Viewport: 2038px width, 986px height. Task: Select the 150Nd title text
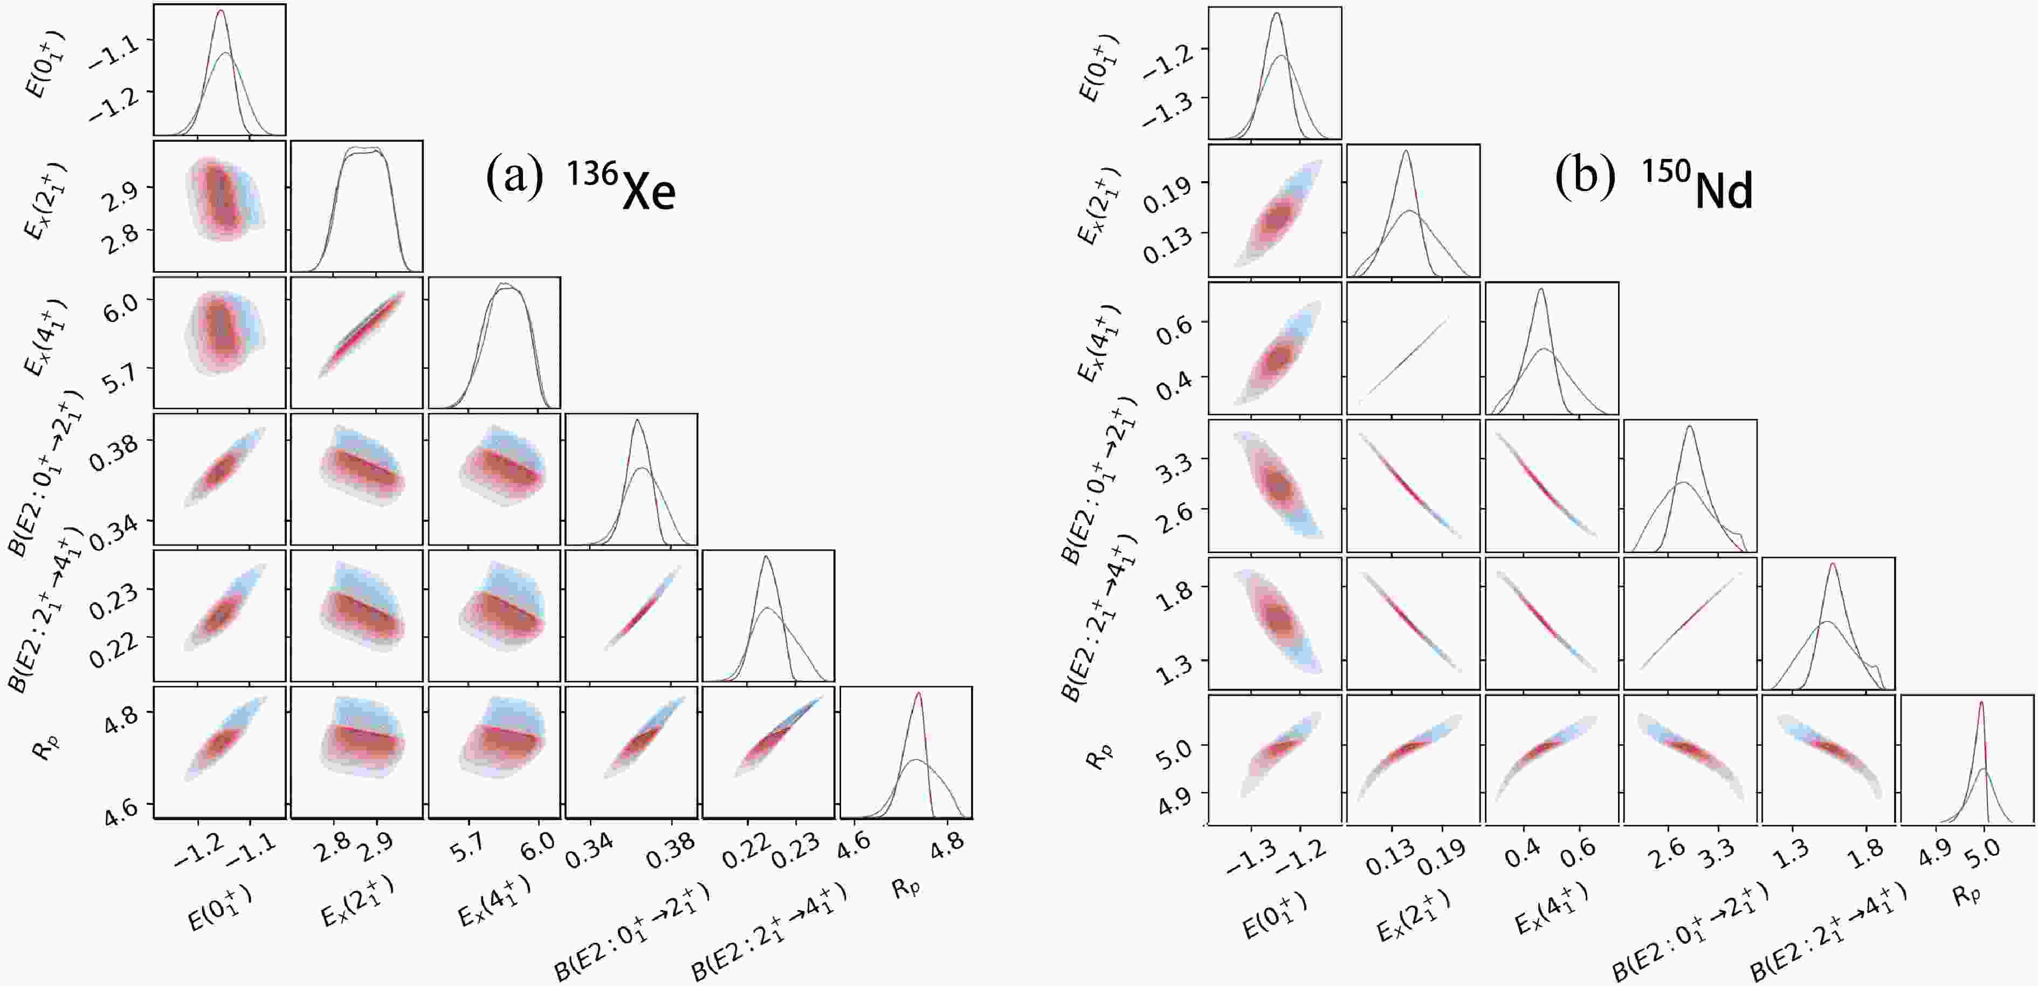click(1698, 184)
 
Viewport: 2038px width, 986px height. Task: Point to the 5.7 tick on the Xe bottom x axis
click(470, 847)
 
